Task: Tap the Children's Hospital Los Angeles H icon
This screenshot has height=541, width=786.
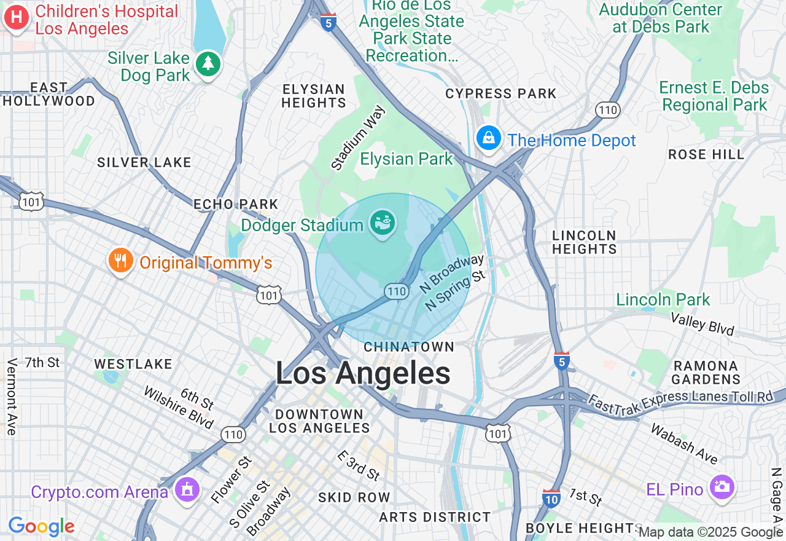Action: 17,17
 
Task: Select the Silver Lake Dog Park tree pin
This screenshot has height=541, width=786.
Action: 208,63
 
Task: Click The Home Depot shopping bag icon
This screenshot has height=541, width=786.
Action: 489,138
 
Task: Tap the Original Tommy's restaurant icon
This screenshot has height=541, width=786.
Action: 121,261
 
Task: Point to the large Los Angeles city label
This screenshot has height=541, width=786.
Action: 363,373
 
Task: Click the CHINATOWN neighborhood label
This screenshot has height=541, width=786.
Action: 409,347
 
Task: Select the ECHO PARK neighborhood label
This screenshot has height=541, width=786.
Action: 236,204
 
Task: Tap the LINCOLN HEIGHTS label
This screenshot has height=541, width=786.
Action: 584,242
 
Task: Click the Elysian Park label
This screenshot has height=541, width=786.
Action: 406,159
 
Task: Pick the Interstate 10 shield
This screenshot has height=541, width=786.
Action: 551,499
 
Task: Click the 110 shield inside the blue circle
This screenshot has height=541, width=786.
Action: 397,291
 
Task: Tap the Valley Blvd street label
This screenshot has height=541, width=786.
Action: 702,324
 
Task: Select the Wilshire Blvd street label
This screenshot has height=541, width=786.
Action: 178,408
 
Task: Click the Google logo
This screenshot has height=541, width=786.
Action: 41,526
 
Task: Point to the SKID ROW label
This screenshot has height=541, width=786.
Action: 354,497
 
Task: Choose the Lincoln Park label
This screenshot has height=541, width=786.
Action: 663,300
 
